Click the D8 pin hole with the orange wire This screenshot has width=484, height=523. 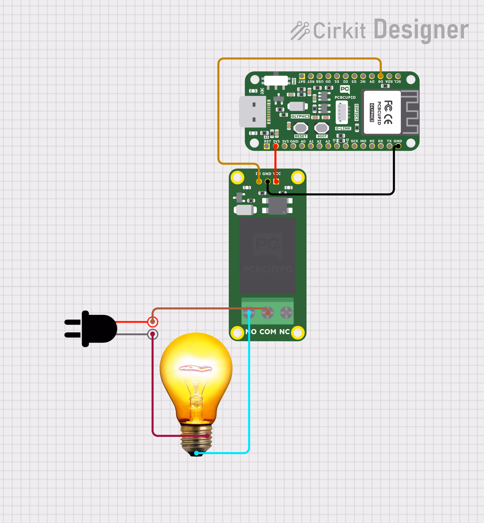click(380, 76)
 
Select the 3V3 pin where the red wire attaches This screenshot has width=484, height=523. click(276, 146)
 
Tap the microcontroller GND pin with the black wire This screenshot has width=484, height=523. click(398, 146)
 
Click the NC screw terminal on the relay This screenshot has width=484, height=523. click(286, 312)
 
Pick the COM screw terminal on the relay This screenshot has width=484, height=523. click(267, 312)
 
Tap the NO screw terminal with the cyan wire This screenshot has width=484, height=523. click(249, 312)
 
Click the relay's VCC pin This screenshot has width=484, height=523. click(276, 181)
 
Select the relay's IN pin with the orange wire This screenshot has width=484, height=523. click(259, 181)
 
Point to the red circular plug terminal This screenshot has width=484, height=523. click(152, 322)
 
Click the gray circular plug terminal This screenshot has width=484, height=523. click(152, 334)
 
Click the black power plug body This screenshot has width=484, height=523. click(97, 329)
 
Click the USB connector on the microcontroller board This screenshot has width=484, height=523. click(253, 112)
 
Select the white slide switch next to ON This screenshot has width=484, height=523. click(276, 80)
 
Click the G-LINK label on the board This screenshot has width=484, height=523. click(343, 128)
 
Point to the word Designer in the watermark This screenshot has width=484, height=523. click(421, 30)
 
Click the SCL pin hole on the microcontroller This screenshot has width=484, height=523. click(398, 76)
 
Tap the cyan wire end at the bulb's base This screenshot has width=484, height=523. click(197, 453)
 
